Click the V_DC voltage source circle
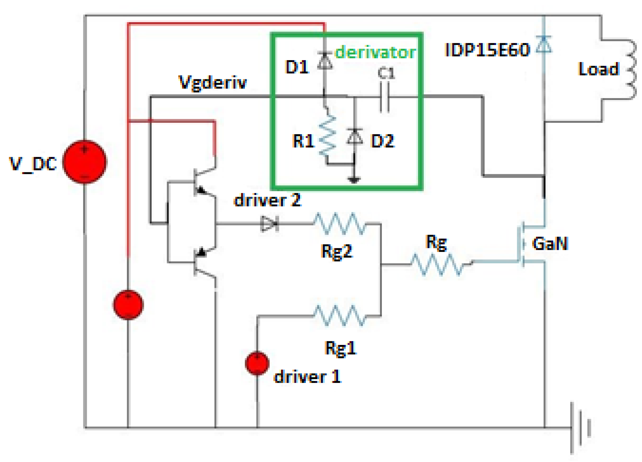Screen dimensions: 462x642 point(85,162)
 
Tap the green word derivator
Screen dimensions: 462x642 point(375,52)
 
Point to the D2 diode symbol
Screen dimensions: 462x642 point(354,137)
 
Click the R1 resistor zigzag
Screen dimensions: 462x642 point(327,135)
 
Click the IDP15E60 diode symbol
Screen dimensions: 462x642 point(544,44)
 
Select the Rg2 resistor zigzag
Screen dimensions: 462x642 point(339,224)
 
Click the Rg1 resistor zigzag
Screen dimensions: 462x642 point(339,316)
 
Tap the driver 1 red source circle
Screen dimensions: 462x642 point(257,363)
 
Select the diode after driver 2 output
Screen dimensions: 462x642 point(269,224)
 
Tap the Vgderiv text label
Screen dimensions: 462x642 point(212,82)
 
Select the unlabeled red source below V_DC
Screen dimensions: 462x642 point(128,305)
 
